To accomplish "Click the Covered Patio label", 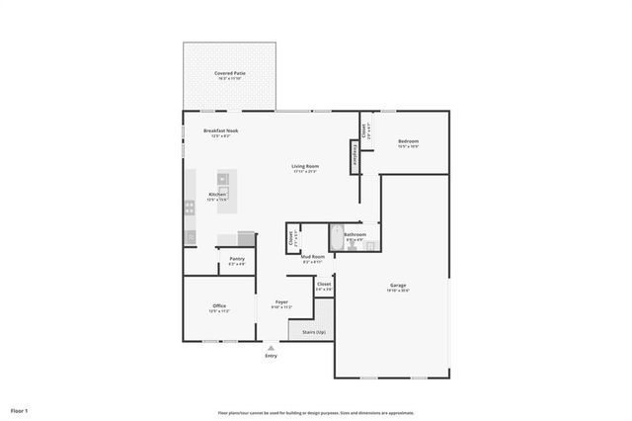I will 231,73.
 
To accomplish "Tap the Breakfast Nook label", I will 220,130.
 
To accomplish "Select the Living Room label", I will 304,166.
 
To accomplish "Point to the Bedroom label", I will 409,142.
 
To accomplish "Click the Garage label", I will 397,286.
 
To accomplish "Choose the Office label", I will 219,306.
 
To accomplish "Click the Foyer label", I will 281,302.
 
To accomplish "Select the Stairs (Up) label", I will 314,332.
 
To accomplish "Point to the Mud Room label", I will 312,257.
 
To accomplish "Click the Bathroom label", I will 355,235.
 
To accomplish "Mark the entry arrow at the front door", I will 271,346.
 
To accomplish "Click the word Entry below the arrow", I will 271,356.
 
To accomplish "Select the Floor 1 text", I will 20,410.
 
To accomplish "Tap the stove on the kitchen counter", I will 189,208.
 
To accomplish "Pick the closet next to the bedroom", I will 365,128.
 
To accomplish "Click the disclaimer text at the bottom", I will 316,413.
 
